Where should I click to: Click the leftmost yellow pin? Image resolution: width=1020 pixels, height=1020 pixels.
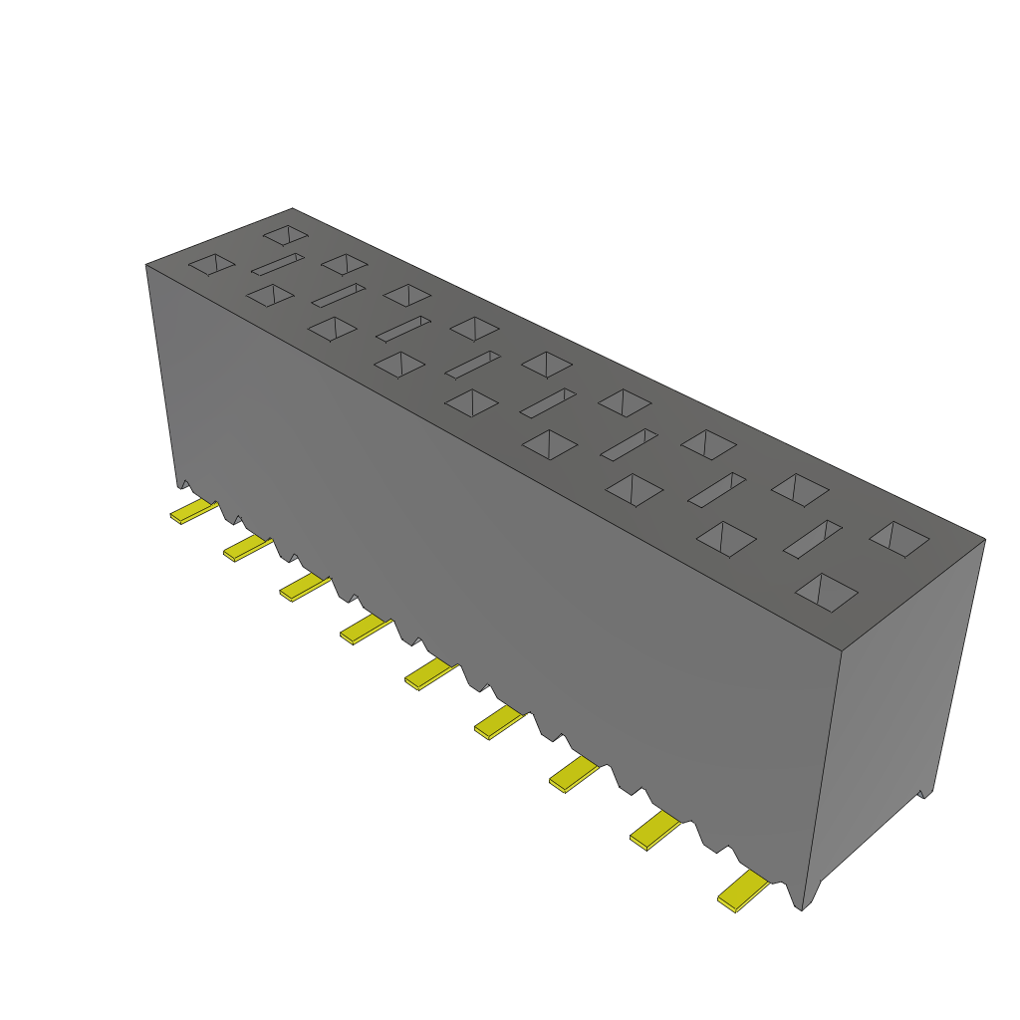(x=193, y=512)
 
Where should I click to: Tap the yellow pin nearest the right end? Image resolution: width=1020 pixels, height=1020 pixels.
(x=743, y=891)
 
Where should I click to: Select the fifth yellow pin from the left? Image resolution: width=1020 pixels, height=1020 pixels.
(x=430, y=674)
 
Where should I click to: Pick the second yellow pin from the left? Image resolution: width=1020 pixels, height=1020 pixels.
(x=246, y=547)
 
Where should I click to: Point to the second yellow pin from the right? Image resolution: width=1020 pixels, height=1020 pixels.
(x=655, y=829)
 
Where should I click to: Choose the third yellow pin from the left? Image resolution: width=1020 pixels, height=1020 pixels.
(x=304, y=587)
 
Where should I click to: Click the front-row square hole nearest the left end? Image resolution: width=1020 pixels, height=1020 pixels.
(x=212, y=264)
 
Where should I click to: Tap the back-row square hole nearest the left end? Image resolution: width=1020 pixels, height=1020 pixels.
(x=286, y=236)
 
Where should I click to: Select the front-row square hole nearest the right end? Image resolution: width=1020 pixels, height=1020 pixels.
(x=827, y=592)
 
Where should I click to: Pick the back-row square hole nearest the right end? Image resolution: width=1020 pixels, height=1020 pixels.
(x=898, y=539)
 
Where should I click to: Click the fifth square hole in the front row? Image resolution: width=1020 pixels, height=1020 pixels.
(x=471, y=402)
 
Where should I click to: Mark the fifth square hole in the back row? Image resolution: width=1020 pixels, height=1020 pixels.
(x=547, y=365)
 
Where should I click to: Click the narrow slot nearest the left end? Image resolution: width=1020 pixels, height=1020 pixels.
(x=277, y=264)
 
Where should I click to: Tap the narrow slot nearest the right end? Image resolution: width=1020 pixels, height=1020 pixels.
(x=813, y=538)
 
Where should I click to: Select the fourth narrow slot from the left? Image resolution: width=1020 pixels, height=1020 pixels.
(x=472, y=364)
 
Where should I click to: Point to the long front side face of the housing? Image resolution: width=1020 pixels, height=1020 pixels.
(x=498, y=558)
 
